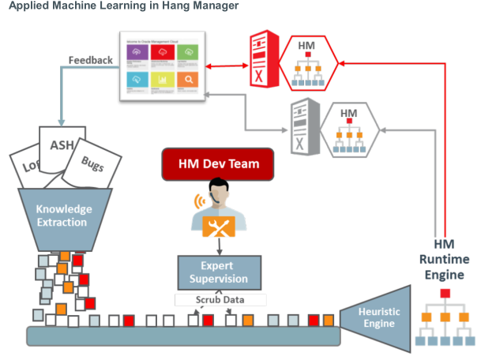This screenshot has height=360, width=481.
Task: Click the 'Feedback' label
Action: coord(90,60)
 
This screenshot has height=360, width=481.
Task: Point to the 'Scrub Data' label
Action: coord(220,300)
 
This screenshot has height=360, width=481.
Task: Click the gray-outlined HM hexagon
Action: coord(348,126)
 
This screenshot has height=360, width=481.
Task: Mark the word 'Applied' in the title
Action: coord(29,6)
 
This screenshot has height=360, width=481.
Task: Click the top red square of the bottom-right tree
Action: coord(445,294)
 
